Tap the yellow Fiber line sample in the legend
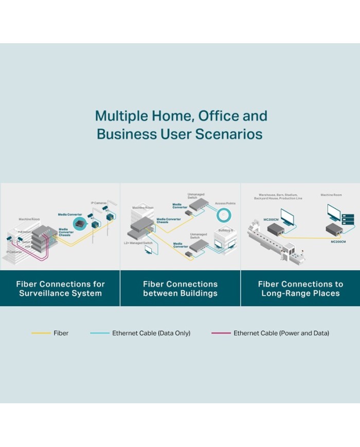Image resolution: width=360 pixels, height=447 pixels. [41, 333]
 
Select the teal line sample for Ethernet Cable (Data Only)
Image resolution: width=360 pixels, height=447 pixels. [100, 333]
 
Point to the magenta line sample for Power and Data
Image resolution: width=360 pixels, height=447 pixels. [221, 333]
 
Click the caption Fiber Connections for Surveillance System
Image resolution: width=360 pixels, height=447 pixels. [60, 289]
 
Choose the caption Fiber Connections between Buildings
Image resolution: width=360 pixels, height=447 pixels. [180, 289]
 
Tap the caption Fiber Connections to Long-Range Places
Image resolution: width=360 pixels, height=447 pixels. [300, 289]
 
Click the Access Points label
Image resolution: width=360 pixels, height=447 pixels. [225, 204]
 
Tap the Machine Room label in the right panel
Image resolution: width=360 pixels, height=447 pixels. [331, 195]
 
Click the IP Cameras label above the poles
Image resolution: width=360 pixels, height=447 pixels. [99, 203]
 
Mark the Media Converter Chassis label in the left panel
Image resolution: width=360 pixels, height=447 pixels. [65, 231]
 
